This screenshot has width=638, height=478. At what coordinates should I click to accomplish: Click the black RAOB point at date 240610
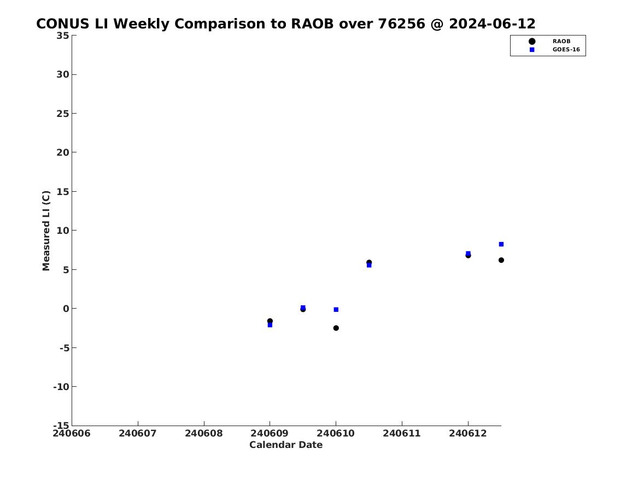tap(336, 328)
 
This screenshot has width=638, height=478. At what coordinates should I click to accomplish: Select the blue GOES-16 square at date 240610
tap(336, 310)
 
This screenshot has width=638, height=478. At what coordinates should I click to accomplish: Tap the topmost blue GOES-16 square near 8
tap(501, 244)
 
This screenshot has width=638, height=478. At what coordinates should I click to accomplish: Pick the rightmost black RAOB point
tap(501, 260)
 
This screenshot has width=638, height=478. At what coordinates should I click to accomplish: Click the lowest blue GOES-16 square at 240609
tap(270, 324)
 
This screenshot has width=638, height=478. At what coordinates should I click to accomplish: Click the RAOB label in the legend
tap(561, 42)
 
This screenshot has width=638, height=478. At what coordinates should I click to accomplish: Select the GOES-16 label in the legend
tap(566, 50)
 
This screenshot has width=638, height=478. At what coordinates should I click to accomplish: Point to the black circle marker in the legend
tap(532, 42)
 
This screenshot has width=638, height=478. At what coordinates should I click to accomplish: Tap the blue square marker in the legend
tap(532, 50)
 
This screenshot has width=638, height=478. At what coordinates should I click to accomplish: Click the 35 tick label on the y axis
tap(63, 36)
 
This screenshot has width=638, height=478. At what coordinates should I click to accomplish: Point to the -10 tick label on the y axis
tap(61, 387)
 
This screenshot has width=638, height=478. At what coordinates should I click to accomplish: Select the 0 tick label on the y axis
tap(66, 309)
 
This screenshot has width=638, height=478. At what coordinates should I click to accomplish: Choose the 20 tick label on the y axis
tap(63, 152)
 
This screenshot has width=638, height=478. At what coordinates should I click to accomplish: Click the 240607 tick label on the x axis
tap(138, 433)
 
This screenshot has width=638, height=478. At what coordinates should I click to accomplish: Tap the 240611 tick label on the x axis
tap(402, 433)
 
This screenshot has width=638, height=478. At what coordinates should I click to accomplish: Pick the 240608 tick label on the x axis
tap(204, 433)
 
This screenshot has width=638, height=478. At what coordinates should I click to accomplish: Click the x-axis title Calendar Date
tap(286, 445)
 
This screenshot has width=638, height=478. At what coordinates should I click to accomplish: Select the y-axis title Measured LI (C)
tap(46, 231)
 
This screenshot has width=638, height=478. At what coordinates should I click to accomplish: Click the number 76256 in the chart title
tap(402, 24)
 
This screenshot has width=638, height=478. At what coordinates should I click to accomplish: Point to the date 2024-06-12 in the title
tap(493, 24)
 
